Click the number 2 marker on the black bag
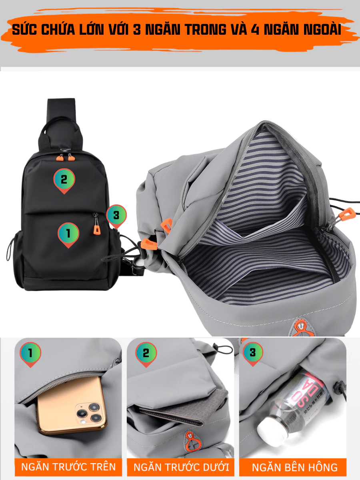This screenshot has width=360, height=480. point(64,181)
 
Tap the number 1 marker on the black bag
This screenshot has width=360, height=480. point(68,235)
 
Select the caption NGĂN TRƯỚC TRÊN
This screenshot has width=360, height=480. point(68,467)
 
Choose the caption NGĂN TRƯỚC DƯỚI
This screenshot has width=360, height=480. point(181,467)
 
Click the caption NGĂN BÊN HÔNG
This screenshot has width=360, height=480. point(295,467)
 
